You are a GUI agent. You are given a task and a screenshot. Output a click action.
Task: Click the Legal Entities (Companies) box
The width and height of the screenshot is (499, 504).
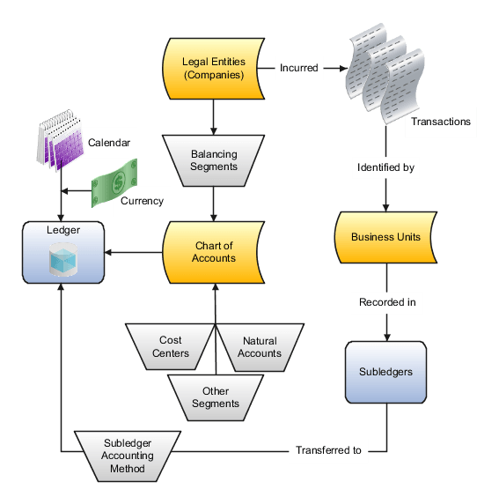pos(213,68)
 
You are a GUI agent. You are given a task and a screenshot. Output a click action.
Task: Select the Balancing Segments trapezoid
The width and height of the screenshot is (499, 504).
pos(214,160)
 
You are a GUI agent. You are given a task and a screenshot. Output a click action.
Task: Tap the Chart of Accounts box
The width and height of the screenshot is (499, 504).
pos(213,252)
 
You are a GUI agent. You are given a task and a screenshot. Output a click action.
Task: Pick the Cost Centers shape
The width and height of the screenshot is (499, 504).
pos(171,347)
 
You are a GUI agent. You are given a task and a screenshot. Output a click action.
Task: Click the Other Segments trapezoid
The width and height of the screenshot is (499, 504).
pos(215,397)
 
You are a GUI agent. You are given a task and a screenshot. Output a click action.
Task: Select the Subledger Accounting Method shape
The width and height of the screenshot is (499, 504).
pos(128,456)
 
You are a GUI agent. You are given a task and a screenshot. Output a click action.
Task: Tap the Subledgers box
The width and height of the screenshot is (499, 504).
pos(385,372)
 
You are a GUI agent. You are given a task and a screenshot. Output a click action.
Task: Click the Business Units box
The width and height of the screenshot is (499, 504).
pos(385,237)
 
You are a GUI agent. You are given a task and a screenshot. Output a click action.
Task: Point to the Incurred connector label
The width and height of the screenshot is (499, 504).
pos(298,68)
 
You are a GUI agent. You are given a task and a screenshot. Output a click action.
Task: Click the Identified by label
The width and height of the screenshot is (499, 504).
pos(386,167)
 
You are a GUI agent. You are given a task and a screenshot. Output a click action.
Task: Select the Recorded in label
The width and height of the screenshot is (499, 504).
pos(386,302)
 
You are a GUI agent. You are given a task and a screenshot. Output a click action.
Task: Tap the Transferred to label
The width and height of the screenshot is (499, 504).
pos(328,450)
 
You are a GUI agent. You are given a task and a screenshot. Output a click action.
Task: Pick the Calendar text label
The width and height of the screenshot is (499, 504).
pos(109,143)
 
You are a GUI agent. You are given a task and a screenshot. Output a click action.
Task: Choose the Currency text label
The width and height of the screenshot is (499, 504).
pos(142,201)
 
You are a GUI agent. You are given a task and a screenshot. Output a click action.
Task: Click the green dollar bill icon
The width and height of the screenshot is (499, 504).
pos(114,183)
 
